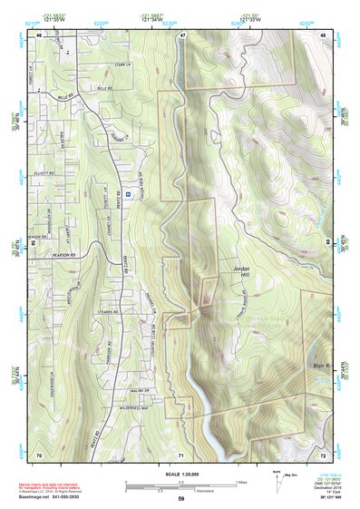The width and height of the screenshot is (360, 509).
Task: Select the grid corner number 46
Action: [39, 34]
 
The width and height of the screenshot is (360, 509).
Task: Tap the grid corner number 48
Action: [324, 34]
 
